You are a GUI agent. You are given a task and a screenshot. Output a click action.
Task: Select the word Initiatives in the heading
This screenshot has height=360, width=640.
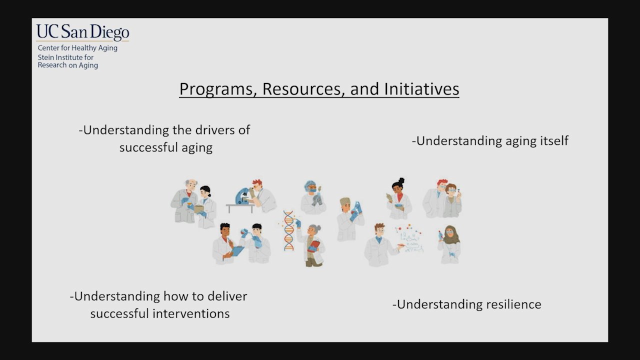[x=421, y=88]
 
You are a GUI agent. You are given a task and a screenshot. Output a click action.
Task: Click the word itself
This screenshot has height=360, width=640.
[x=554, y=140]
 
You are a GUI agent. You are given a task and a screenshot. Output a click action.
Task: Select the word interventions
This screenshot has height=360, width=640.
[x=191, y=313]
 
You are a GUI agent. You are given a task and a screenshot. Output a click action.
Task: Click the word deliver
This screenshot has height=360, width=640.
[x=227, y=296]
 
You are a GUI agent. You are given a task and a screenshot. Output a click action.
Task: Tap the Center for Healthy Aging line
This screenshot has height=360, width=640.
[x=77, y=47]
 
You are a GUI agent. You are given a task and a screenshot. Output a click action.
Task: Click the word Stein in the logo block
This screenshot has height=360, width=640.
[x=45, y=57]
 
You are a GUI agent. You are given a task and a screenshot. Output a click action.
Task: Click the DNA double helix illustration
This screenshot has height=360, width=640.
[x=288, y=230]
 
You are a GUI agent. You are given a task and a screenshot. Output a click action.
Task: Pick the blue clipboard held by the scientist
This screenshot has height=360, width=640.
[x=237, y=251]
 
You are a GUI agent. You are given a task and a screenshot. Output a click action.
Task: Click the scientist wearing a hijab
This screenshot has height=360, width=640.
[x=449, y=244]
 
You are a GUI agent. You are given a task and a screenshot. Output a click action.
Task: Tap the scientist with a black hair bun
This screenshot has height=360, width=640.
[x=399, y=198]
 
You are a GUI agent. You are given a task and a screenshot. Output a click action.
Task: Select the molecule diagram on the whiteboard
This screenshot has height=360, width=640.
[x=409, y=238]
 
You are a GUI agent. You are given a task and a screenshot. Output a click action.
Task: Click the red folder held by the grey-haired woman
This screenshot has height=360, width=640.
[x=313, y=246]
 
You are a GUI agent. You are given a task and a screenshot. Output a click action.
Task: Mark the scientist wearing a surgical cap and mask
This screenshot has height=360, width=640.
[x=313, y=197]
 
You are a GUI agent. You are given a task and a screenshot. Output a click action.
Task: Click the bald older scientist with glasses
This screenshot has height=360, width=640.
[x=184, y=201]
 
